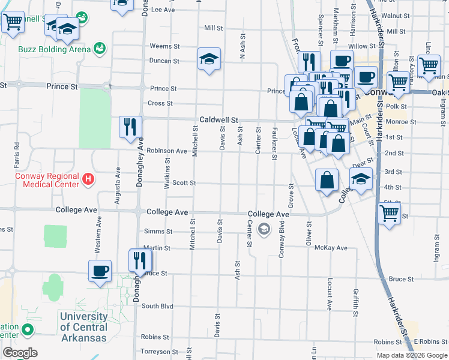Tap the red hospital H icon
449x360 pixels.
click(x=88, y=178)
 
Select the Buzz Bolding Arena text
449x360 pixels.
click(x=54, y=49)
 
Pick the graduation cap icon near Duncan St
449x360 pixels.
click(x=209, y=58)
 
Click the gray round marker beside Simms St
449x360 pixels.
click(x=263, y=229)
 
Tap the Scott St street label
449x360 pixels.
click(x=184, y=183)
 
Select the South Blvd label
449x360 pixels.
click(x=157, y=306)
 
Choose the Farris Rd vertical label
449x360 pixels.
click(x=17, y=155)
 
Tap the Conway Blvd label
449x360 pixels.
click(x=281, y=240)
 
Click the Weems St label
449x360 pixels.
click(x=164, y=46)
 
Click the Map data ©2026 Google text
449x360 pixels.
click(x=411, y=355)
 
